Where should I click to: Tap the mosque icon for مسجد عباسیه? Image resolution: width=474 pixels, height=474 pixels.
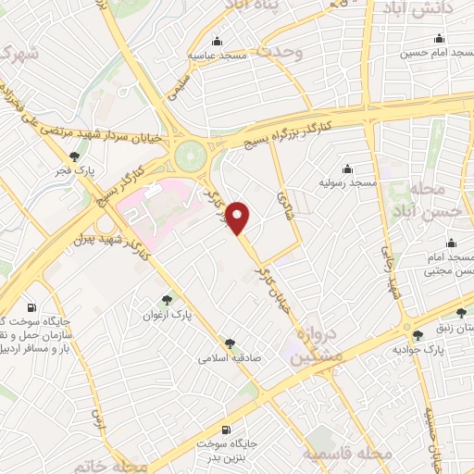(x=217, y=41)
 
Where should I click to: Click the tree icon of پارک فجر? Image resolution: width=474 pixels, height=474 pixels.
(x=75, y=156)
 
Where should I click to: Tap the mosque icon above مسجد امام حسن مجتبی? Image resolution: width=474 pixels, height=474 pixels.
(x=452, y=243)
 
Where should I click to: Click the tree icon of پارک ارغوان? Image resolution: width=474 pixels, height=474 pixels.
(x=167, y=299)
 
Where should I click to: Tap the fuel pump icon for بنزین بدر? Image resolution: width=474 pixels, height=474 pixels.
(x=227, y=430)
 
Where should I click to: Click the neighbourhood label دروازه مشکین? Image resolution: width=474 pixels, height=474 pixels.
(x=313, y=344)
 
